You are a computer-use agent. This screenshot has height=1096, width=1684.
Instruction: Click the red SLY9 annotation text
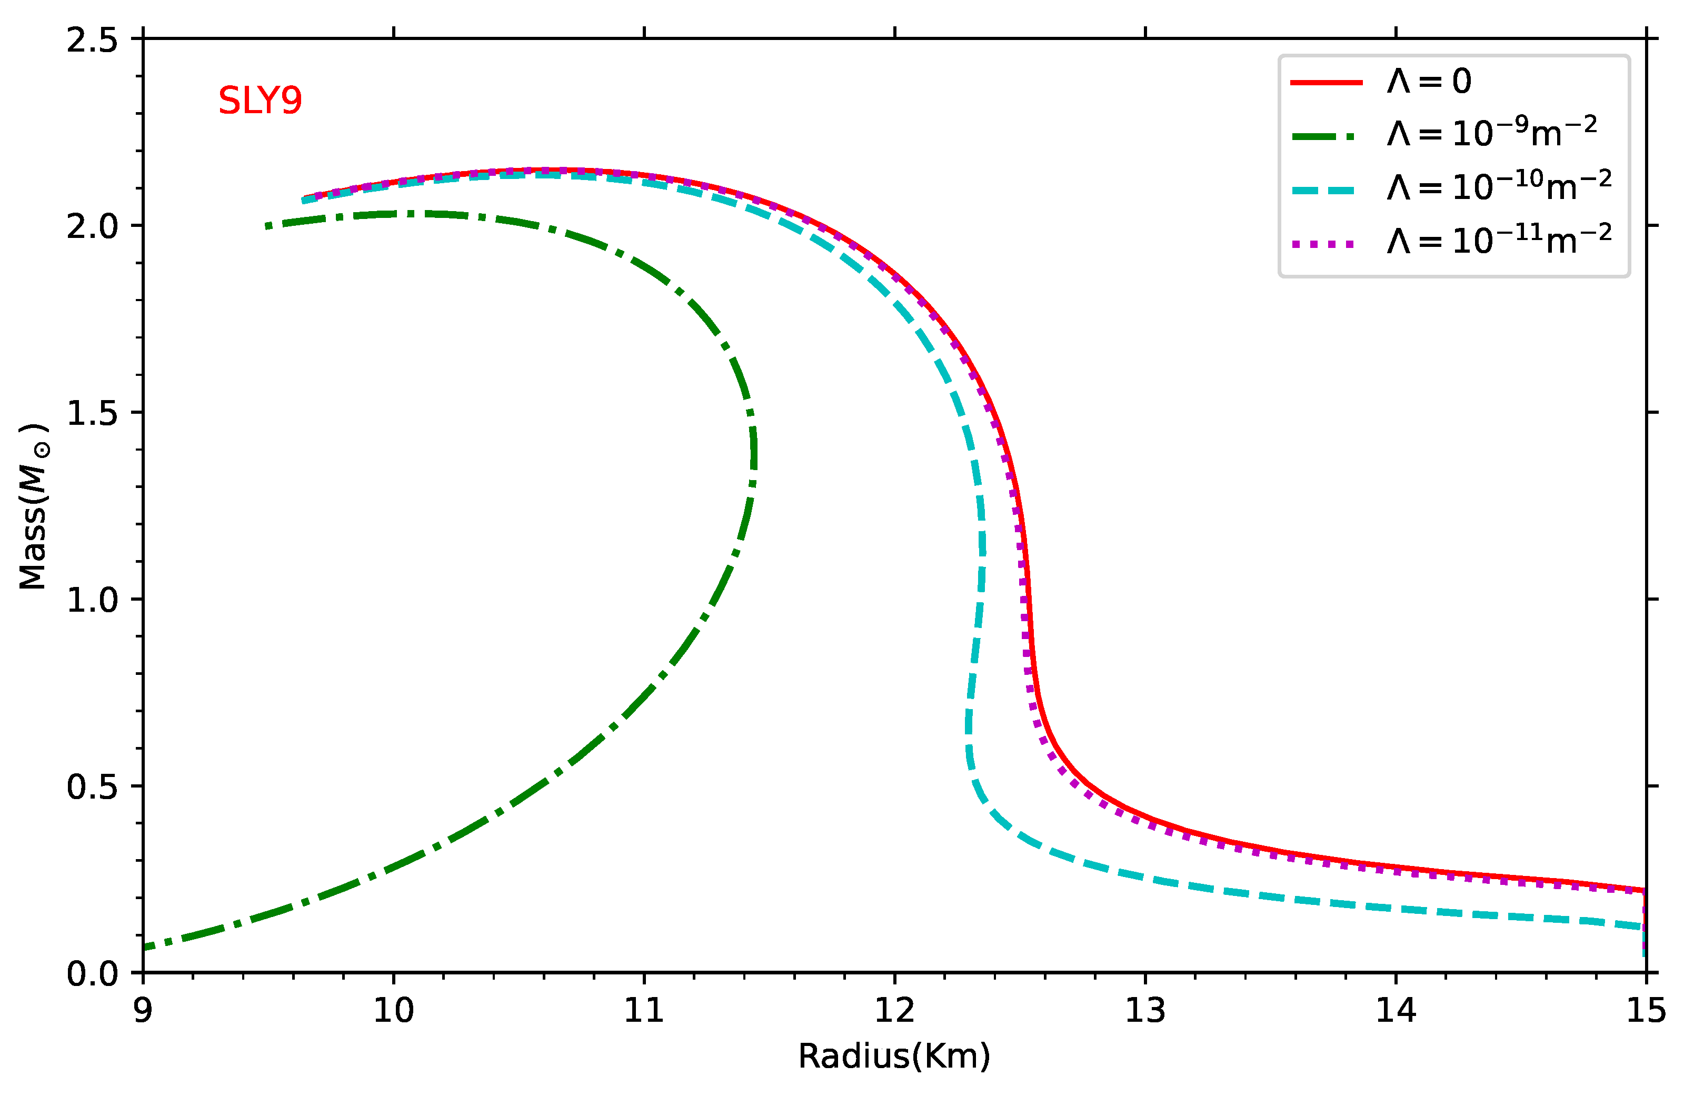coord(260,101)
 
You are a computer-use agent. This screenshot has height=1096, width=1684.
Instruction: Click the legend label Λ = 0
coord(1429,82)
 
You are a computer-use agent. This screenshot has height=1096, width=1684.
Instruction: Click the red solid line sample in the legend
coord(1326,83)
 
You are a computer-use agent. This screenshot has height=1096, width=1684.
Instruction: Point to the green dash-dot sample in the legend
coord(1323,136)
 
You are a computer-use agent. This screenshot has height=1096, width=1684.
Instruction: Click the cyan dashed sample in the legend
coord(1323,191)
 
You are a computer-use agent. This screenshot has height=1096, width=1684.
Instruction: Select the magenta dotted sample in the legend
coord(1323,244)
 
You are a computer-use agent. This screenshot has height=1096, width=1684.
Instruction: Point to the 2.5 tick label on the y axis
coord(92,39)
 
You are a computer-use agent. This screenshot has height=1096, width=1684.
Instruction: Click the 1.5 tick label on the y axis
coord(92,413)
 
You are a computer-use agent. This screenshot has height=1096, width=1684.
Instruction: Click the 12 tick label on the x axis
coord(894,1010)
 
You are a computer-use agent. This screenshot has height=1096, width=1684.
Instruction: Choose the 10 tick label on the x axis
coord(393,1010)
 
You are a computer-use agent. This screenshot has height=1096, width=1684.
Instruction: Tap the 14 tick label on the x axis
coord(1396,1010)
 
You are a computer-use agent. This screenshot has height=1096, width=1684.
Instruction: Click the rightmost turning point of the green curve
coord(754,453)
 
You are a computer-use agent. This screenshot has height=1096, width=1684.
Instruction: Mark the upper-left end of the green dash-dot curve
coord(267,226)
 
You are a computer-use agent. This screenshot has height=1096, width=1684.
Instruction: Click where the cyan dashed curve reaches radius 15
coord(1643,927)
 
